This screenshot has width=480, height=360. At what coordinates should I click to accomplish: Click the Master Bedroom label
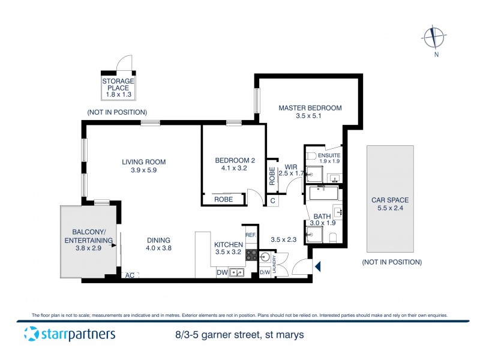pos(310,108)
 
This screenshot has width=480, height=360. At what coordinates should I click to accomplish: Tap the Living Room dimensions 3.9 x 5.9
pos(143,170)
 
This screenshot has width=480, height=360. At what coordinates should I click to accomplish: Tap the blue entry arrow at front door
pos(318,266)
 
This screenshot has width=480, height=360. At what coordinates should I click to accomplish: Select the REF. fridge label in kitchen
pos(250,235)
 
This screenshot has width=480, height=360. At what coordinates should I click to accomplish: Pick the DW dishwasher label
pos(221,273)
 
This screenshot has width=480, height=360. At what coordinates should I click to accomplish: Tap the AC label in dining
pos(129,275)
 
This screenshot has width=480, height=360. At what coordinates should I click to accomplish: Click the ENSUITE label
pos(329,155)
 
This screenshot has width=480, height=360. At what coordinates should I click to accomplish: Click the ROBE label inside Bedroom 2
pos(223,199)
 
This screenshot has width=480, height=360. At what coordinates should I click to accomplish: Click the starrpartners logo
pos(70,334)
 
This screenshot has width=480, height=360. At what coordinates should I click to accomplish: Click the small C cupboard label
pos(272,201)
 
